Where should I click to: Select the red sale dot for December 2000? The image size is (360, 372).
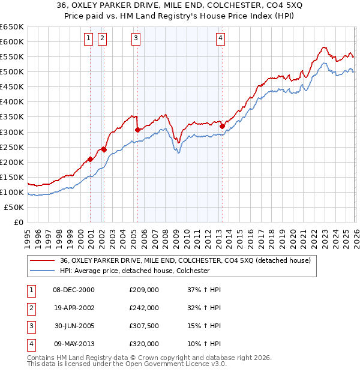click(90, 159)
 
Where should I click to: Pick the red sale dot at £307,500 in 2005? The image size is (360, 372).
click(138, 129)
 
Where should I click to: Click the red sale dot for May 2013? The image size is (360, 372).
click(221, 125)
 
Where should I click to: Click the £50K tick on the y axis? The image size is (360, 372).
click(14, 207)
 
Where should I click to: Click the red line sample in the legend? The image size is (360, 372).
click(43, 260)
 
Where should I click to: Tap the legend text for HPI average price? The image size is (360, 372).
click(143, 271)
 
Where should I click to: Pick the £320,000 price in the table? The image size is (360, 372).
click(143, 344)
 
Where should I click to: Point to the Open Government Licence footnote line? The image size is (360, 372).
click(127, 364)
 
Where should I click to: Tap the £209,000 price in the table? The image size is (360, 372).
click(143, 290)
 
